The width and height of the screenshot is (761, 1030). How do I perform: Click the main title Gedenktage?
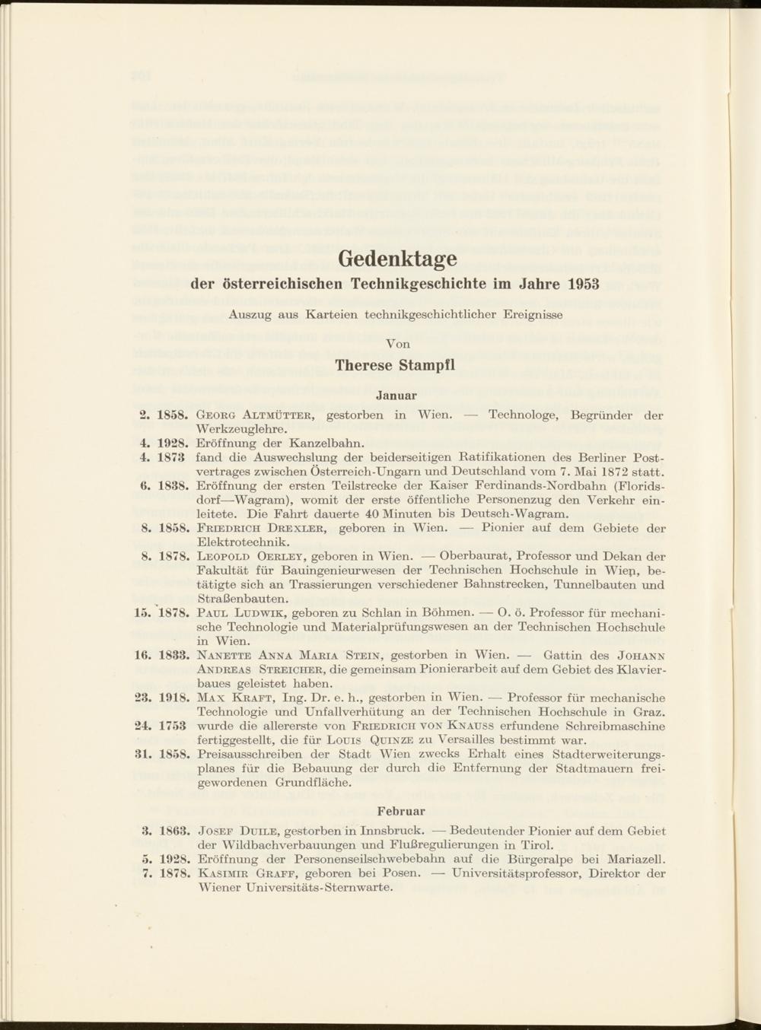(396, 259)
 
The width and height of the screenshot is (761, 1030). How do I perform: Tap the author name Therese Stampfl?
(396, 364)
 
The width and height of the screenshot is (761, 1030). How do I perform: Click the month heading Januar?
(396, 396)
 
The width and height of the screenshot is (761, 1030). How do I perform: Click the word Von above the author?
(397, 344)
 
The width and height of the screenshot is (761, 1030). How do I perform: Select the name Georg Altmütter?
(253, 415)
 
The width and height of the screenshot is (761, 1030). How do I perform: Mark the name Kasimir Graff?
(244, 873)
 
